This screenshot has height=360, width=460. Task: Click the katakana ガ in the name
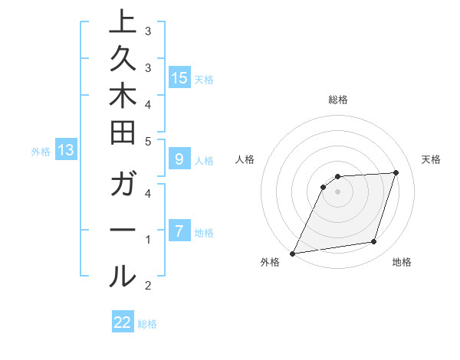123,187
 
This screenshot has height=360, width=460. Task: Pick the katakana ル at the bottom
123,276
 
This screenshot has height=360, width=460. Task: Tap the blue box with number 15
179,77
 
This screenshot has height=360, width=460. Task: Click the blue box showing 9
179,159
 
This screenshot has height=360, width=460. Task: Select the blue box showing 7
179,230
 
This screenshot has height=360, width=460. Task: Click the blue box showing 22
123,322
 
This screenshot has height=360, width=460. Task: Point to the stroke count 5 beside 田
148,142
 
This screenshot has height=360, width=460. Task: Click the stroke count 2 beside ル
148,286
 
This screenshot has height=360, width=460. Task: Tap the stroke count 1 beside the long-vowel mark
148,240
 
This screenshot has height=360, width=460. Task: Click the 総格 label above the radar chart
337,100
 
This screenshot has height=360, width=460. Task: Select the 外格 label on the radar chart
270,263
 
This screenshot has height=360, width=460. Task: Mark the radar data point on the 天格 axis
396,172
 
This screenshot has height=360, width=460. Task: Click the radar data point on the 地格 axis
374,242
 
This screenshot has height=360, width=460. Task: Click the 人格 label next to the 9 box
204,161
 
